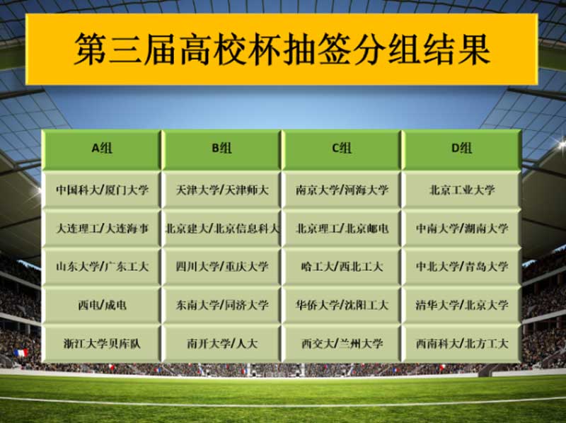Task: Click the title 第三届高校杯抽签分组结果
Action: [282, 50]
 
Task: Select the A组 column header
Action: [101, 149]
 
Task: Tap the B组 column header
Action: [221, 149]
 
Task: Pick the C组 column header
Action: [342, 149]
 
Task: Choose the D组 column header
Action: [462, 149]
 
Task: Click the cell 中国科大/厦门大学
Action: [101, 190]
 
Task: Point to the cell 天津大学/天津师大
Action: [221, 190]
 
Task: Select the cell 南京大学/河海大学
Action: [342, 190]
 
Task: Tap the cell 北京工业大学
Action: [462, 190]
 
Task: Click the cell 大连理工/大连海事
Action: [101, 228]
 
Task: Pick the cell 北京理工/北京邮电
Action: [342, 228]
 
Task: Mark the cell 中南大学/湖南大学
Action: [462, 228]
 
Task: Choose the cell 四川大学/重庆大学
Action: [221, 267]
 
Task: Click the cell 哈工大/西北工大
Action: [342, 267]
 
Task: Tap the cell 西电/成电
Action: [101, 306]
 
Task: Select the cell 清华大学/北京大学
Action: [462, 306]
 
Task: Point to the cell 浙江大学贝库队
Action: [101, 344]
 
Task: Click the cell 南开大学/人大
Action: [221, 344]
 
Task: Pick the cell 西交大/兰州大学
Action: [342, 344]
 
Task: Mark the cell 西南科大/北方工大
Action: [462, 344]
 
